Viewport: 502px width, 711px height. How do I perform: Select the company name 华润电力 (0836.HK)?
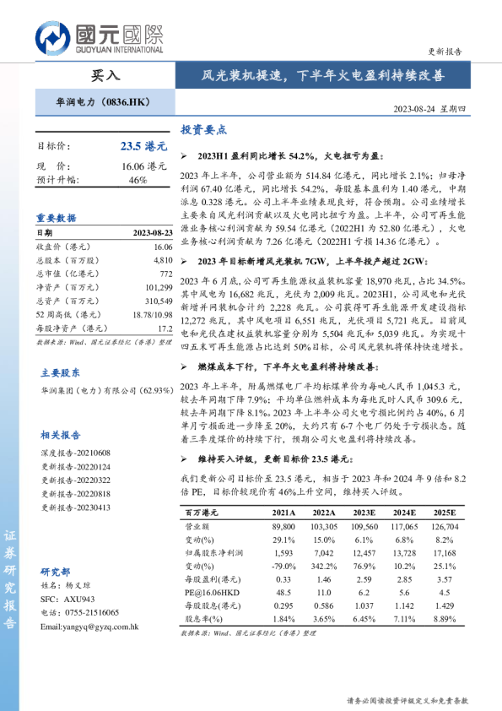tap(95, 102)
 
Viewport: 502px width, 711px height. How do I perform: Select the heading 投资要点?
tap(204, 130)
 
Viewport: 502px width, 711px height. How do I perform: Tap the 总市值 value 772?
tap(165, 275)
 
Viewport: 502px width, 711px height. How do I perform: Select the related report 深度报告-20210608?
tap(76, 453)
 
